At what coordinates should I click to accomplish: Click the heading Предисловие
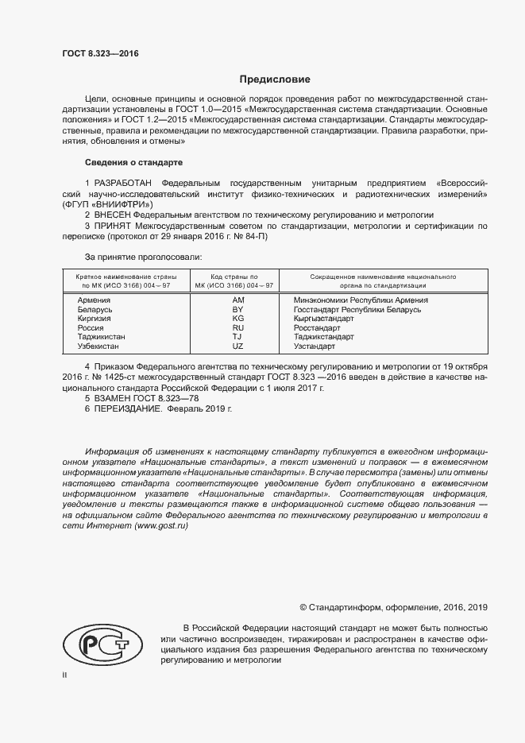(x=276, y=79)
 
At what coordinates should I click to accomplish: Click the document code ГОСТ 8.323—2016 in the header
(x=100, y=53)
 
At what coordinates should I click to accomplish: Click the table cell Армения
(x=94, y=300)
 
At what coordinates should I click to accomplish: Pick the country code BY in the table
(x=237, y=310)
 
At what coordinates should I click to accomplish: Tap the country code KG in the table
(x=237, y=319)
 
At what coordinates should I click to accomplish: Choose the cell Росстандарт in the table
(x=317, y=328)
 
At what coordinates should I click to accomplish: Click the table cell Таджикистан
(x=101, y=338)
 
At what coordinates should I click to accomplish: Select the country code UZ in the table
(x=237, y=347)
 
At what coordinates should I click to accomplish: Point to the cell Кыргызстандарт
(x=324, y=319)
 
